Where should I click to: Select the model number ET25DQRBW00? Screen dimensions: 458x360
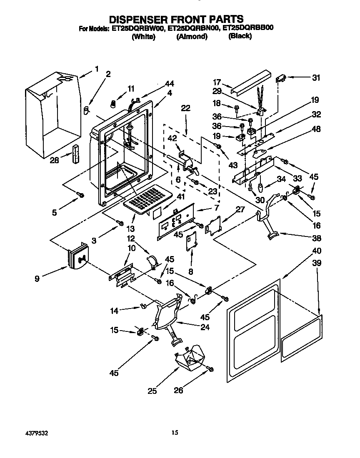[137, 29]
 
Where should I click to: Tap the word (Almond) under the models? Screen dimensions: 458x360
[192, 37]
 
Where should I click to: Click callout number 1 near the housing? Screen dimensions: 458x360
[97, 69]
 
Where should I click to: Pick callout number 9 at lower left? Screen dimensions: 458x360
[37, 279]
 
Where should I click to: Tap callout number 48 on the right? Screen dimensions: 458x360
[316, 129]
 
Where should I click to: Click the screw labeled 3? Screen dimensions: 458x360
[121, 224]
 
